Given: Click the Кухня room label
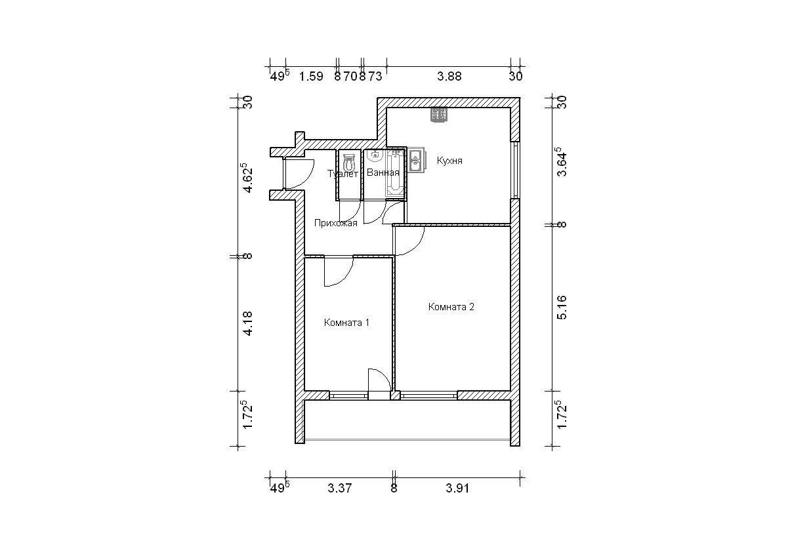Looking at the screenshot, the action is click(449, 161).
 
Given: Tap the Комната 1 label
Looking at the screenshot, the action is click(346, 323).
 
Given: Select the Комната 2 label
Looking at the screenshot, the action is click(451, 307).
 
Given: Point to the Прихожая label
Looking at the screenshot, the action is click(336, 223).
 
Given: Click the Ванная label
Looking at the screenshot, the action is click(383, 172).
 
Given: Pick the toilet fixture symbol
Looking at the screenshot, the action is click(348, 163).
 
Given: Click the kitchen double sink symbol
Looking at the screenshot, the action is click(417, 161).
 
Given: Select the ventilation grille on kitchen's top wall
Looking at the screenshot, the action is click(439, 115).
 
